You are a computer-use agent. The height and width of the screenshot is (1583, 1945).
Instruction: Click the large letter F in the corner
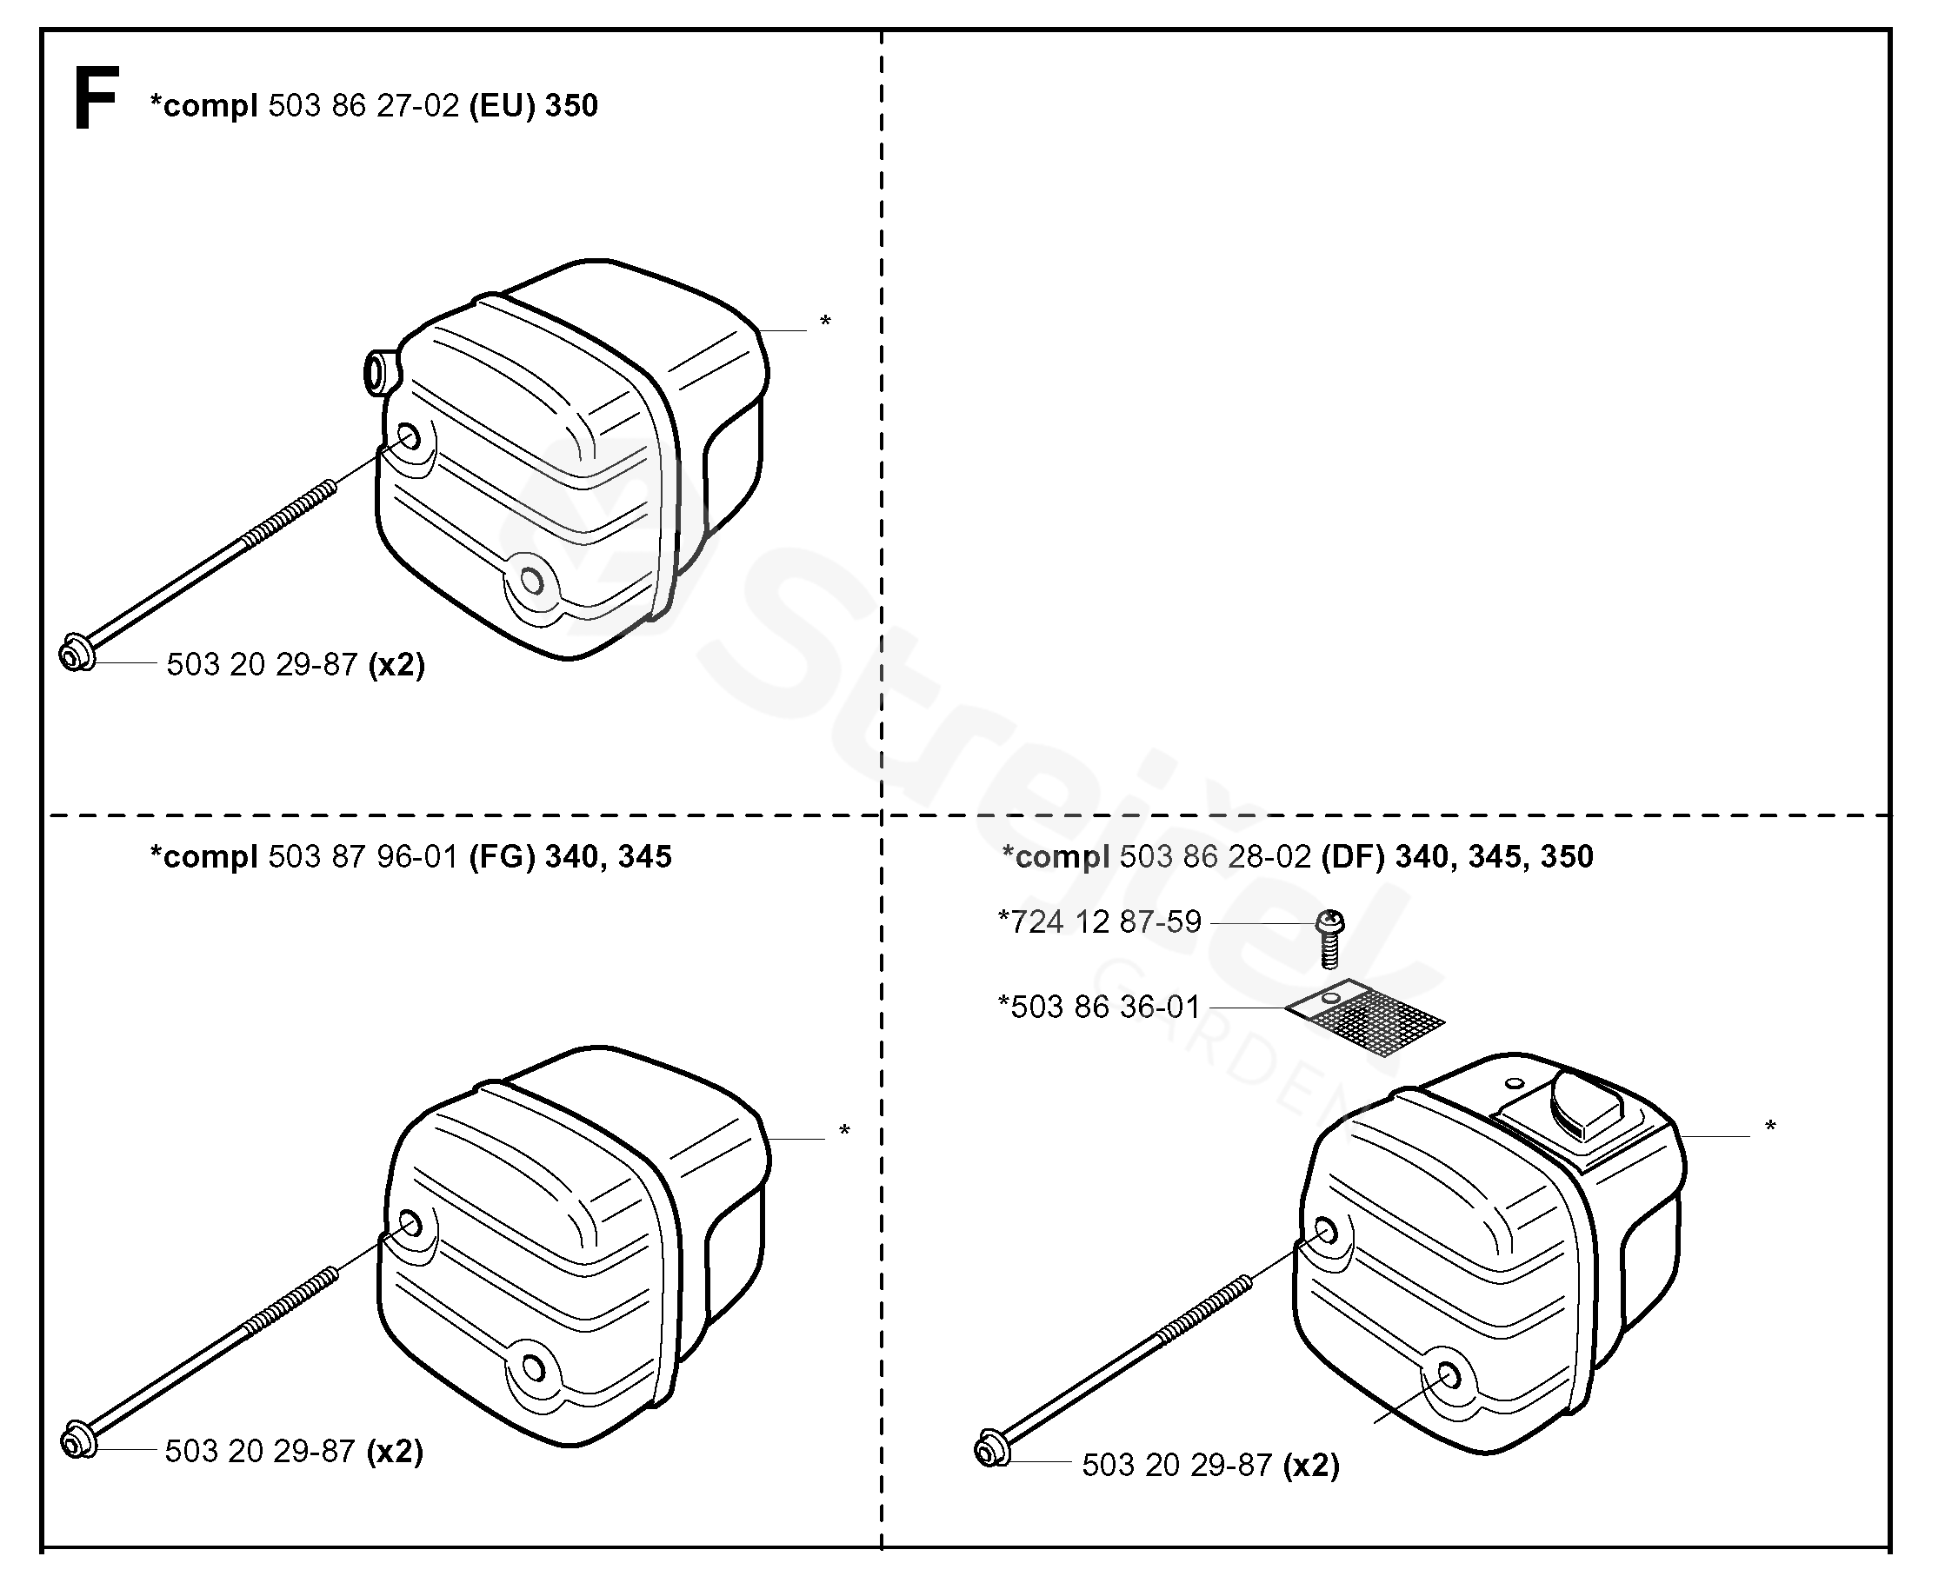tap(96, 98)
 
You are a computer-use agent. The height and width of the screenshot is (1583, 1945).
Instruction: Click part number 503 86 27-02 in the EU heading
tap(363, 106)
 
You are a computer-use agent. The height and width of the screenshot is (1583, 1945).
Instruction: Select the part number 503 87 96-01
tap(362, 857)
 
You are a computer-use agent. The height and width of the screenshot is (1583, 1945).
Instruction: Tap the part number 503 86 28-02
tap(1215, 857)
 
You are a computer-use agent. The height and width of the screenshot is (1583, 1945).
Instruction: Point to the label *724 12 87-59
tap(1100, 922)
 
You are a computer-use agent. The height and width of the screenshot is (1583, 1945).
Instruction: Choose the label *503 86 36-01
tap(1099, 1007)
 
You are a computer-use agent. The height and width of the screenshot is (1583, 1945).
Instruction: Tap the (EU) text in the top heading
tap(502, 106)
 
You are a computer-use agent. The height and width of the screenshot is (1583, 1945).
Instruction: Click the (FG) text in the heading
tap(502, 857)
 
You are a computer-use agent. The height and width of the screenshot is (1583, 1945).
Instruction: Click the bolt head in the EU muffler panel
tap(76, 655)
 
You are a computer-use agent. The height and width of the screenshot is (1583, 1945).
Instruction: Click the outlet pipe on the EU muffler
tap(377, 371)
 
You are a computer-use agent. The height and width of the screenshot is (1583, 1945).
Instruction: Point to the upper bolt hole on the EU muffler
tap(409, 438)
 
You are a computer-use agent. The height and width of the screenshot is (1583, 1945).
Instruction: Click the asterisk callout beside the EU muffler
tap(825, 321)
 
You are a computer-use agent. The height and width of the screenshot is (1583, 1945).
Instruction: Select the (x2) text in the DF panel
tap(1311, 1466)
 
